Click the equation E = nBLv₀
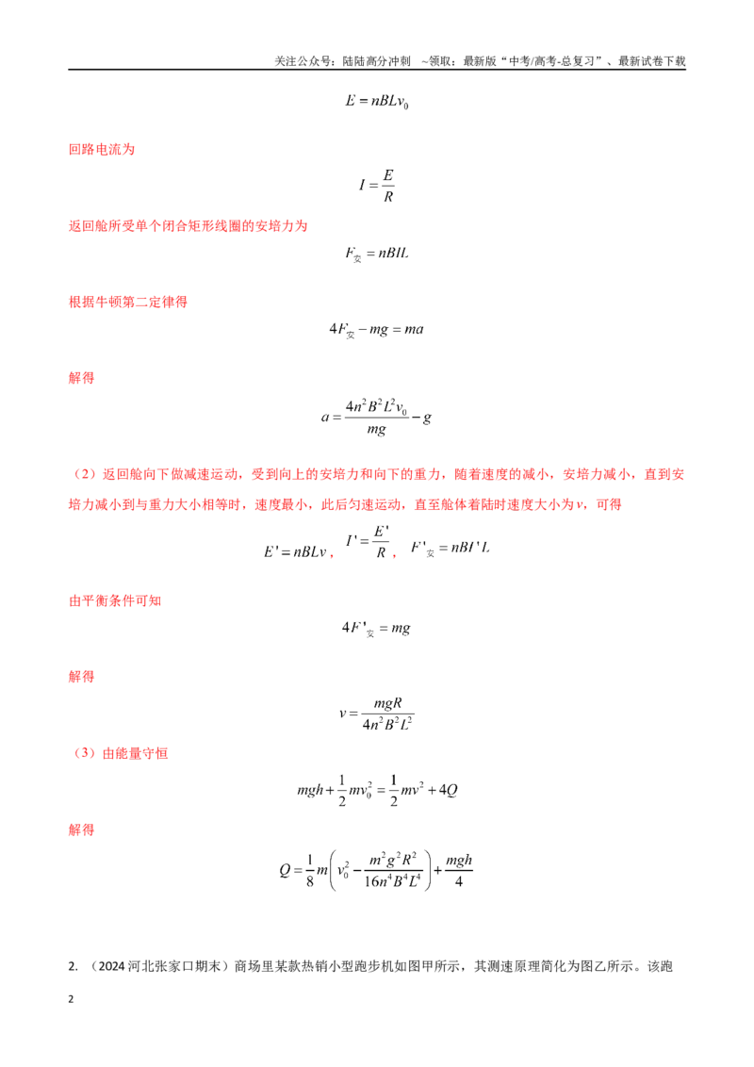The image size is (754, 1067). pos(376,102)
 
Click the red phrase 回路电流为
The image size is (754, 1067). pos(102,150)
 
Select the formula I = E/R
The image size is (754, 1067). pos(376,185)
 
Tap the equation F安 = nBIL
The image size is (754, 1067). pos(376,254)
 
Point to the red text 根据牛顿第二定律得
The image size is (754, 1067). pos(128,303)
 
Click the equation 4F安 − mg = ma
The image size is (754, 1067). pos(376,330)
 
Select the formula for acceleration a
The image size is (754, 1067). pos(376,417)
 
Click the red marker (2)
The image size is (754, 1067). pos(85,474)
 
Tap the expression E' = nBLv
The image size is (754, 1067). pos(295,551)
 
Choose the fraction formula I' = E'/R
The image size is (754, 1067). pos(368,542)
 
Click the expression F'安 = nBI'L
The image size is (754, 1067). pos(450,549)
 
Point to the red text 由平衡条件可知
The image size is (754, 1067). pos(115,600)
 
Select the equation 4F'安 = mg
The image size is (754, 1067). pos(376,629)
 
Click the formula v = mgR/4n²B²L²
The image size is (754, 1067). pos(376,714)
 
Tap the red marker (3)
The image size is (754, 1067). pos(85,753)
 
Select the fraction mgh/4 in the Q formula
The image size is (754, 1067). pos(459,870)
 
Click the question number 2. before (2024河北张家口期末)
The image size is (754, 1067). pos(73,967)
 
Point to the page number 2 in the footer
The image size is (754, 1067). pos(71,1000)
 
